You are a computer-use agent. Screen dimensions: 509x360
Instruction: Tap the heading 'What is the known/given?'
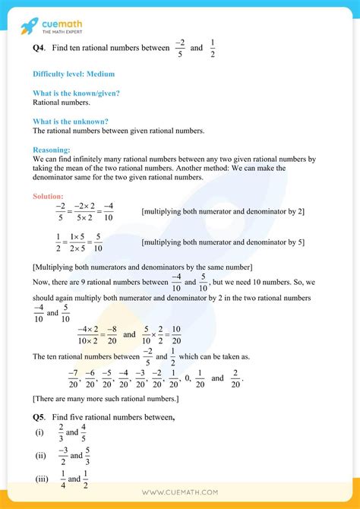(76, 93)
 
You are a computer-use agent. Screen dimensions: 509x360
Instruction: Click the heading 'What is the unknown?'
(71, 122)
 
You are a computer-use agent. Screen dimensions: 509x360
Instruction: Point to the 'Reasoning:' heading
(52, 150)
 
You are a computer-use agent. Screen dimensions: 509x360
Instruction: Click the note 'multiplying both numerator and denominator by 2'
(223, 211)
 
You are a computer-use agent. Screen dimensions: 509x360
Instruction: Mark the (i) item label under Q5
(38, 432)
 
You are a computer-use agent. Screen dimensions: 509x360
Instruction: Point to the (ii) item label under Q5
(38, 456)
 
